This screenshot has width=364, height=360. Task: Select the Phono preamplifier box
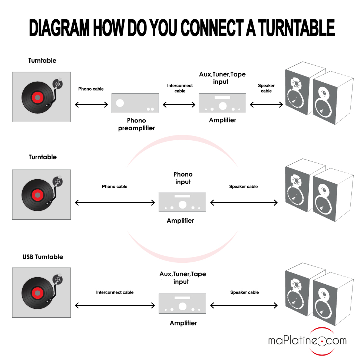coord(135,103)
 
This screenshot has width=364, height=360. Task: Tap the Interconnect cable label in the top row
coord(180,88)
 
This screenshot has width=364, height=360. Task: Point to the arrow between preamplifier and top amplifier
coord(179,105)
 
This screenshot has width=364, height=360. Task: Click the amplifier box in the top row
coord(222,103)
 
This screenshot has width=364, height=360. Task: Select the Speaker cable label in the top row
coord(266,88)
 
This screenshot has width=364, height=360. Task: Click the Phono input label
coord(183,178)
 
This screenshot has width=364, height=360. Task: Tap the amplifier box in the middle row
coord(182,202)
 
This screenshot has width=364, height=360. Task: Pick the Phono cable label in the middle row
coord(115,187)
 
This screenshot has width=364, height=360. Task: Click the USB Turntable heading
coord(43,257)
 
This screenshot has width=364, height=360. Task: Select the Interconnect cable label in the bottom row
coord(115,292)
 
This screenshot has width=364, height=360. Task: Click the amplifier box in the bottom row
coord(182,304)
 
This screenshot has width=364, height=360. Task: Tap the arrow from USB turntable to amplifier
coord(115,305)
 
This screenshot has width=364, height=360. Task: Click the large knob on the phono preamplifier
coord(120,103)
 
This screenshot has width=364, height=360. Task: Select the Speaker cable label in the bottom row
coord(244,292)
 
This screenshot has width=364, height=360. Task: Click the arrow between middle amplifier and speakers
coord(244,203)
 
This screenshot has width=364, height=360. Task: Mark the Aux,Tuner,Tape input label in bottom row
coord(182,278)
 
